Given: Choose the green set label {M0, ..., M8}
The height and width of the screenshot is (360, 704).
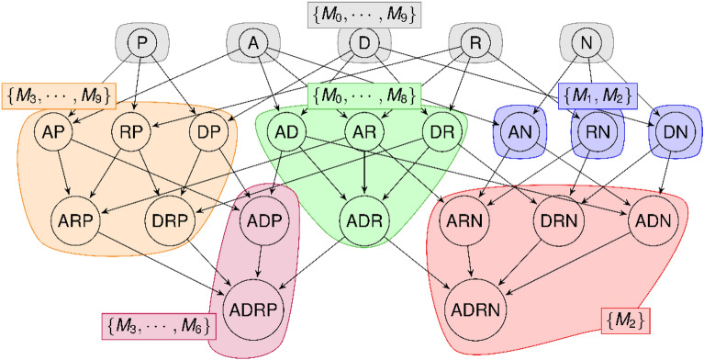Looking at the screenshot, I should pyautogui.click(x=364, y=94).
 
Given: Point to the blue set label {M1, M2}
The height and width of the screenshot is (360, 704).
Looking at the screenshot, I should pyautogui.click(x=598, y=94).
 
